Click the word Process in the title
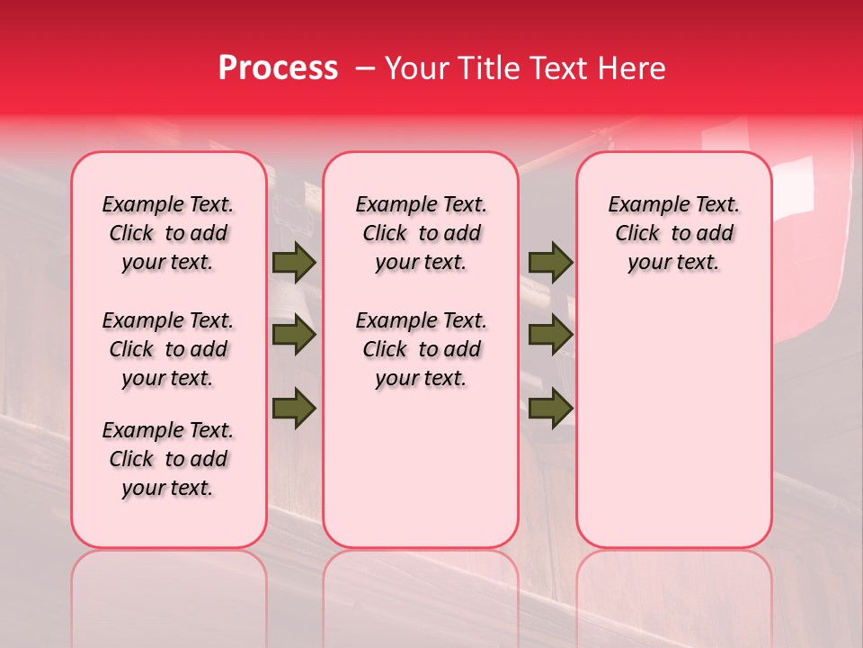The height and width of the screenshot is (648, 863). pos(278,68)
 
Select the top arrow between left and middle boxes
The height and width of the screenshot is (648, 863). pos(294,263)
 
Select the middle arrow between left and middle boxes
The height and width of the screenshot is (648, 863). pos(294,336)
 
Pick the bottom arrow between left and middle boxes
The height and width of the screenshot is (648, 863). pos(294,409)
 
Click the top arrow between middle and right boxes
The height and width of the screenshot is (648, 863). pos(550,263)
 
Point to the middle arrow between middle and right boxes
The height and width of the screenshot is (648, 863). pos(550,336)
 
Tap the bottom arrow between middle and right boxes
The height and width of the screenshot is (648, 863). pos(550,409)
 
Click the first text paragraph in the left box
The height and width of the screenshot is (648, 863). pos(168,233)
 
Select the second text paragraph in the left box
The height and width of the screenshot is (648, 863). pos(168,349)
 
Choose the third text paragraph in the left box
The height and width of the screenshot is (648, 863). pos(168,459)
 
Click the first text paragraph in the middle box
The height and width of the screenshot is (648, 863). pos(421,233)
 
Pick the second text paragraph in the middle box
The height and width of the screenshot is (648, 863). pos(421,349)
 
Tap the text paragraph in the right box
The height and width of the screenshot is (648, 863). pos(673,233)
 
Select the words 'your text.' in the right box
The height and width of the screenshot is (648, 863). pos(673,263)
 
